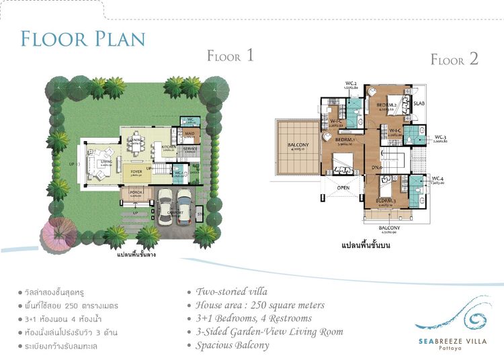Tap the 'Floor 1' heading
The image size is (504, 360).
[230, 56]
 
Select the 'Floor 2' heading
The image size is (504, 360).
[454, 59]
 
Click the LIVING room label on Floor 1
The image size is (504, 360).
[106, 162]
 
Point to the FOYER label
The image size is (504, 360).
[136, 172]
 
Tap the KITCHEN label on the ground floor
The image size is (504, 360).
[168, 146]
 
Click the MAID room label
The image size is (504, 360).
[189, 134]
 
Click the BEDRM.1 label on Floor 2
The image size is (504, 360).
[345, 140]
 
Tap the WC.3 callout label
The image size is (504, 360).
[442, 137]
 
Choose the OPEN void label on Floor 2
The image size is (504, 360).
[343, 187]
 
